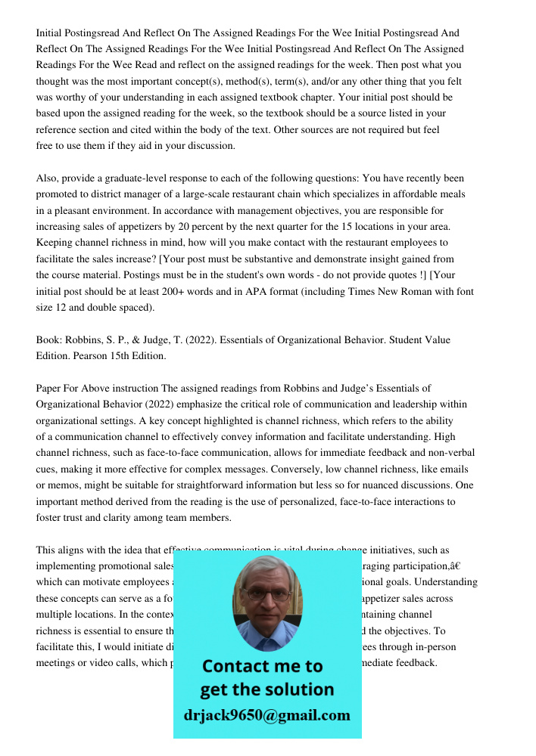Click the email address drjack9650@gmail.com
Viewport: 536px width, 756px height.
(x=267, y=715)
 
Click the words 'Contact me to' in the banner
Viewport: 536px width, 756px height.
(x=262, y=666)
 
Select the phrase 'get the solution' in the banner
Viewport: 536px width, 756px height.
(x=266, y=689)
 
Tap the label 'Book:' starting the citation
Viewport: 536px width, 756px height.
(x=49, y=340)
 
